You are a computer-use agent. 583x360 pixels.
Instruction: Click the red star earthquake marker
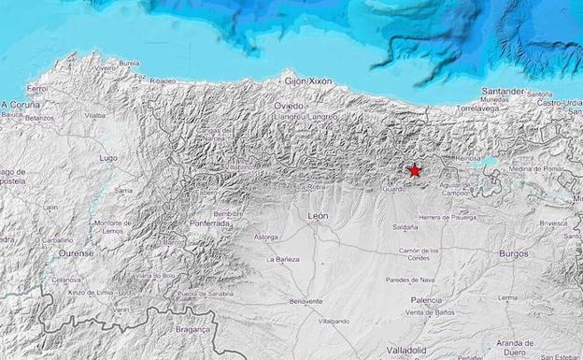click(415, 170)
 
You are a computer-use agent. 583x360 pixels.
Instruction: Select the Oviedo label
click(289, 106)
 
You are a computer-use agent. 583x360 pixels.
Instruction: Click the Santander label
click(502, 91)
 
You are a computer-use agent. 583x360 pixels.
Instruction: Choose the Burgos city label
click(513, 253)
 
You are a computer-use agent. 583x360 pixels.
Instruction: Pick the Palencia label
click(426, 299)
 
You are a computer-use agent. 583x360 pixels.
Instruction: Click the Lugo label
click(108, 158)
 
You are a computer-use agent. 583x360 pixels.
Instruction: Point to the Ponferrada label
click(209, 224)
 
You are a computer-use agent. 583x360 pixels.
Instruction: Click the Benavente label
click(306, 301)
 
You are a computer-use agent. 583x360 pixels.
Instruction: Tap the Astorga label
click(266, 237)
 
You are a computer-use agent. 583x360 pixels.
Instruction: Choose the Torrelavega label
click(481, 108)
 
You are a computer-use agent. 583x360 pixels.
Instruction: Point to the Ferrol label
click(37, 88)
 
